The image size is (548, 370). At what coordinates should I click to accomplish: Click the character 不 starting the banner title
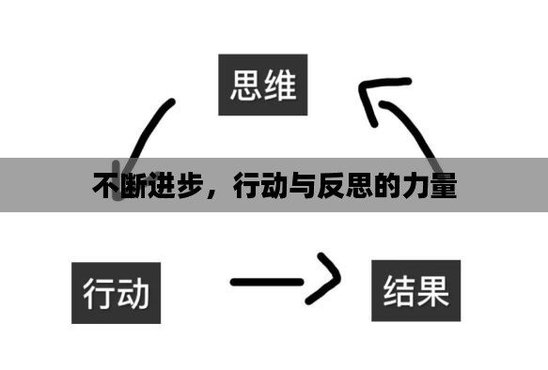104,186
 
